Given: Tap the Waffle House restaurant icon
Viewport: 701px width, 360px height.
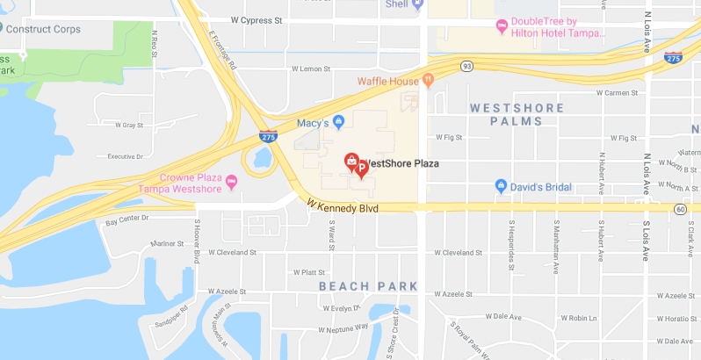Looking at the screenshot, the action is tap(429, 82).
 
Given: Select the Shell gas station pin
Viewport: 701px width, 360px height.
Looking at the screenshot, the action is tap(418, 4).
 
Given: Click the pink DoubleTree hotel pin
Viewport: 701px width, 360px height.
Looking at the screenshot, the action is tap(502, 26).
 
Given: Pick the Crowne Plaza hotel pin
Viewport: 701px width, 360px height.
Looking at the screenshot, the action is tap(232, 182).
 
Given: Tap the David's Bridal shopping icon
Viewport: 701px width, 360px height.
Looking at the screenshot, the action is tap(501, 186).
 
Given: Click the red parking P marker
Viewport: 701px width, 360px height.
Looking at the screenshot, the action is tap(361, 168).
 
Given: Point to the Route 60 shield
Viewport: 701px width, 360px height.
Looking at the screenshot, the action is tap(681, 209).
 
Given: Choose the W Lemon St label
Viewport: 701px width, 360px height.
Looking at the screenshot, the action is tap(309, 68).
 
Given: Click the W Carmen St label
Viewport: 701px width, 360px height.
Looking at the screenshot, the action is tap(632, 92).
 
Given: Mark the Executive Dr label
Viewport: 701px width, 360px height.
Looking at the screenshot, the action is tap(125, 156).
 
